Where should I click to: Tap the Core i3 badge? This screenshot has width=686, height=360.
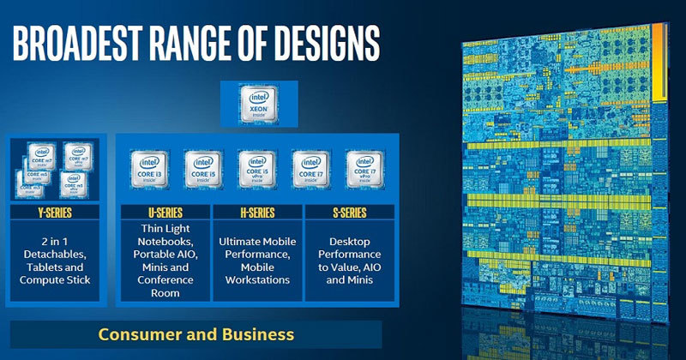[147, 170]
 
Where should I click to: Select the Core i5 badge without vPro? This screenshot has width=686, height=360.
[202, 170]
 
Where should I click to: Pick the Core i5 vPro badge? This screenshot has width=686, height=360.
[256, 170]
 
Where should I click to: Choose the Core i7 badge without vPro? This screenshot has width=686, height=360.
[310, 170]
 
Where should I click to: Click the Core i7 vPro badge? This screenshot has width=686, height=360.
[364, 170]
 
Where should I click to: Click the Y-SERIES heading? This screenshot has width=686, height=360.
[57, 213]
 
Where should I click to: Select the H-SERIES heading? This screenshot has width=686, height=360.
[256, 213]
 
